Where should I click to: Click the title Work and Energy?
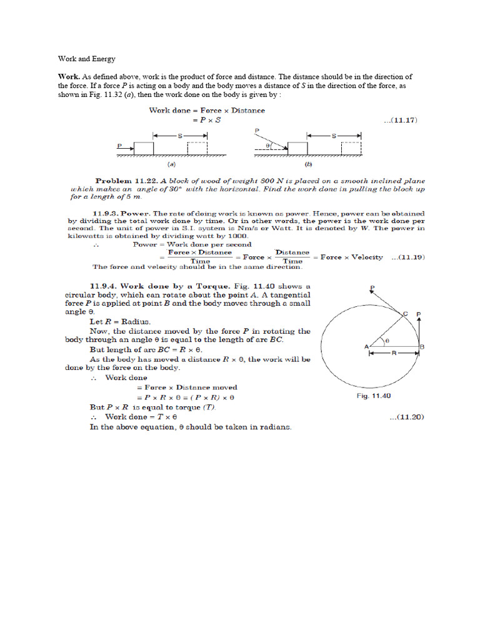tap(87, 59)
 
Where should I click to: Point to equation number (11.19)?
tap(408, 257)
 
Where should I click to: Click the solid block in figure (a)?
tap(144, 148)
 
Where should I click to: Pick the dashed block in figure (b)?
tap(351, 148)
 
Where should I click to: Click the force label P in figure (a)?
tap(119, 145)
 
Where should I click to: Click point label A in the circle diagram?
tap(365, 346)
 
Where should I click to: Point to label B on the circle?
tap(422, 346)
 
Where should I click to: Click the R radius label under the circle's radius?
tap(393, 353)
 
